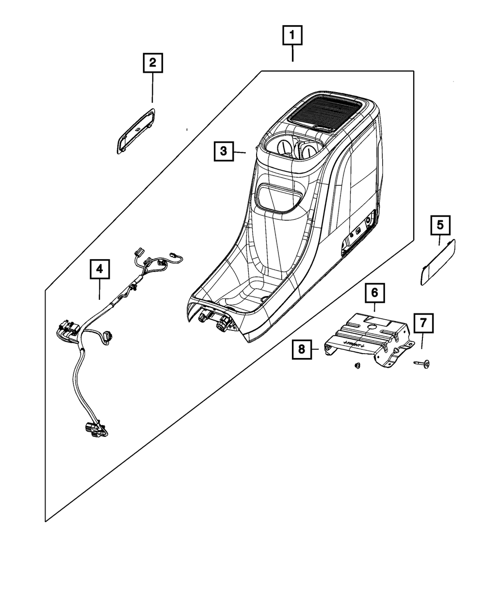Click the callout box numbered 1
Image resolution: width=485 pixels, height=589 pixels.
coord(292,36)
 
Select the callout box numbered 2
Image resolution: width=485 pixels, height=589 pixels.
coord(152,63)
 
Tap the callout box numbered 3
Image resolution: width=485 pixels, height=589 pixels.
coord(223,151)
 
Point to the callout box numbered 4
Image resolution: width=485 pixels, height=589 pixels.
coord(99,269)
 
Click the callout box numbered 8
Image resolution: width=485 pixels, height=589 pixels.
coord(302,349)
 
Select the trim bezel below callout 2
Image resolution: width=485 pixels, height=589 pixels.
coord(135,130)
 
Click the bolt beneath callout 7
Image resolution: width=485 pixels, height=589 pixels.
coord(421,362)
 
